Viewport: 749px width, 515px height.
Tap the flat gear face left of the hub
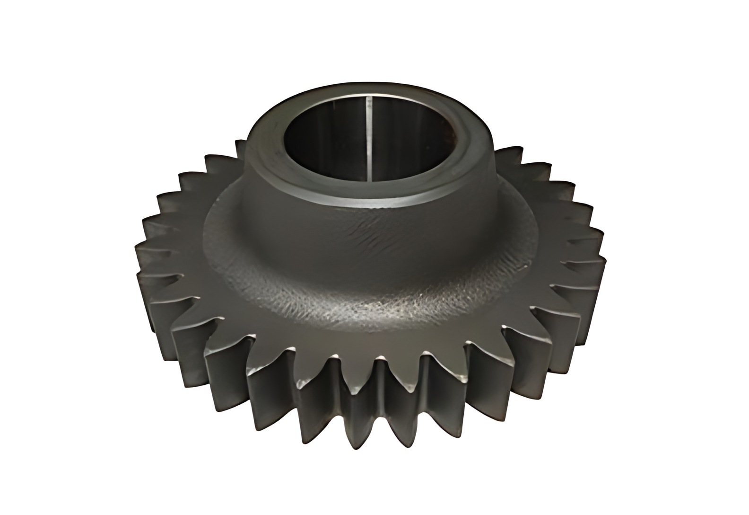click(x=189, y=246)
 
